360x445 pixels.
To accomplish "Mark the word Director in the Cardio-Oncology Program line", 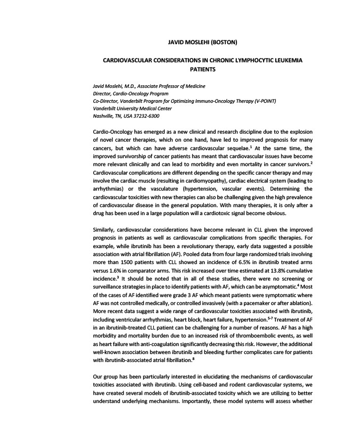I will click(104, 93).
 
